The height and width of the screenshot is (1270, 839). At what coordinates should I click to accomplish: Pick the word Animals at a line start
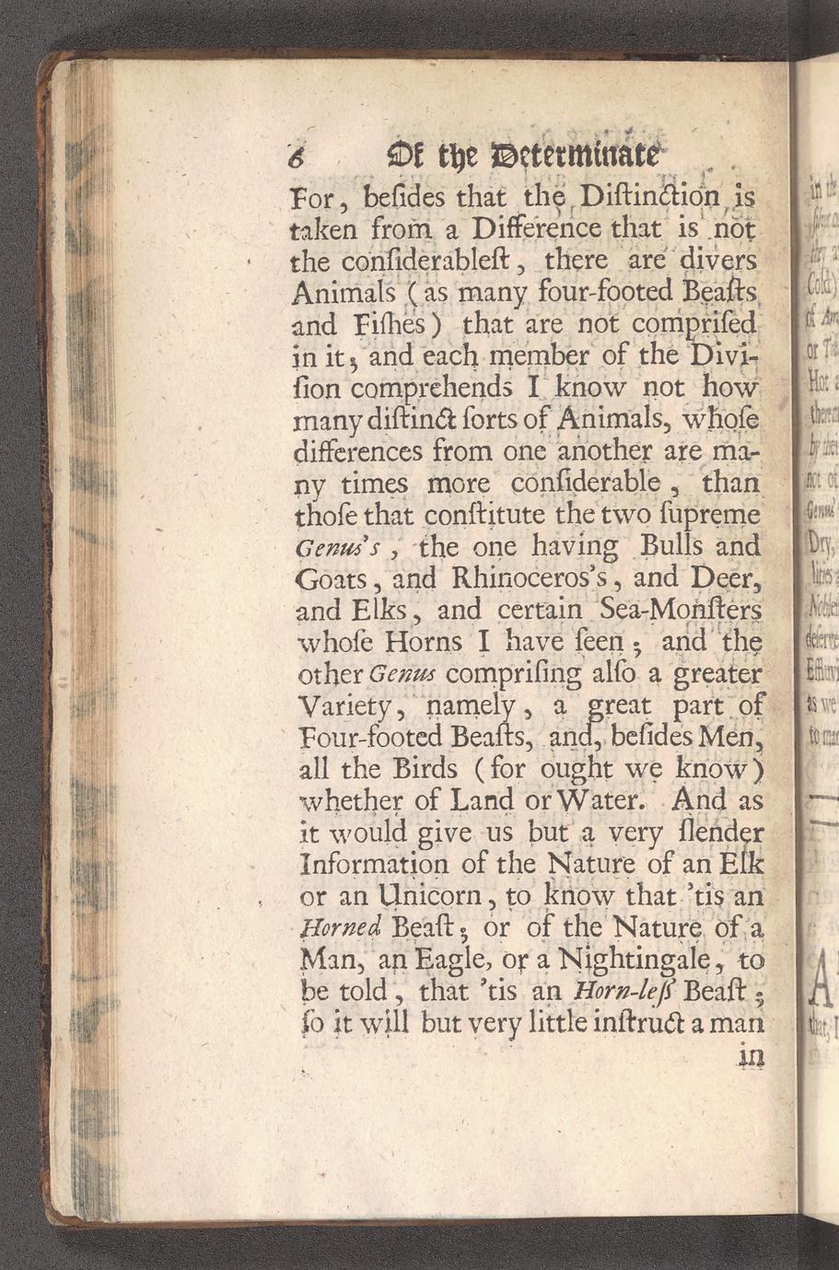(x=344, y=294)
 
